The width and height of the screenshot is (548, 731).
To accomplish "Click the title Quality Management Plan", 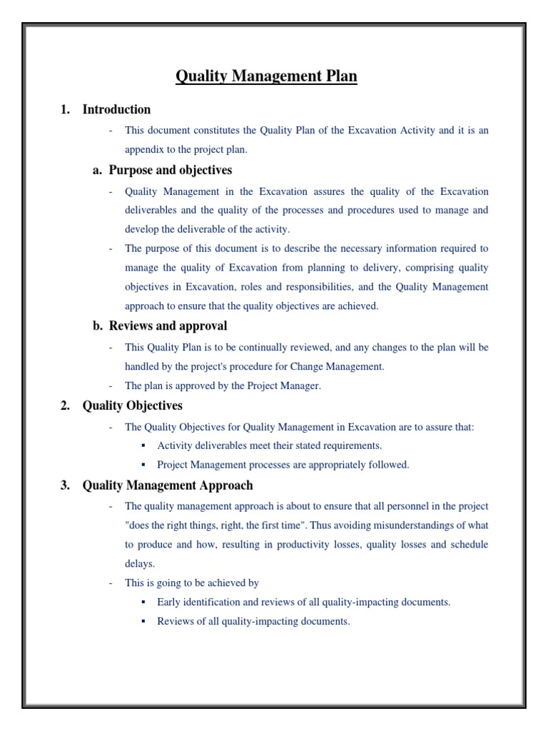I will [266, 76].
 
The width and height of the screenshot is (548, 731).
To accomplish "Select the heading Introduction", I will [116, 109].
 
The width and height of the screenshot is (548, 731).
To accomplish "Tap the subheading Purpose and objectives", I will [170, 170].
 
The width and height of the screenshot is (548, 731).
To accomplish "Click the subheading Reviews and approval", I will [168, 326].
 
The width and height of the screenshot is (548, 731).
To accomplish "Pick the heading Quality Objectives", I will [132, 405].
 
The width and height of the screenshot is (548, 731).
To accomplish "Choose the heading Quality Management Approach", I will [168, 485].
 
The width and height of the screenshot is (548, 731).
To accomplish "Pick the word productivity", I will [304, 545].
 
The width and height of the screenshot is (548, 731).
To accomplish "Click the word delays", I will [138, 563].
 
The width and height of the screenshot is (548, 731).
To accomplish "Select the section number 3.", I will [65, 485].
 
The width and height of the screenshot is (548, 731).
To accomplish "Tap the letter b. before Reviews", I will [98, 326].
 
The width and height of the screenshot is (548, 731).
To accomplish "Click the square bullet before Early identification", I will [143, 602].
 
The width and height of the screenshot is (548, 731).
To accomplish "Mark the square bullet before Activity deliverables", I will [143, 445].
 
